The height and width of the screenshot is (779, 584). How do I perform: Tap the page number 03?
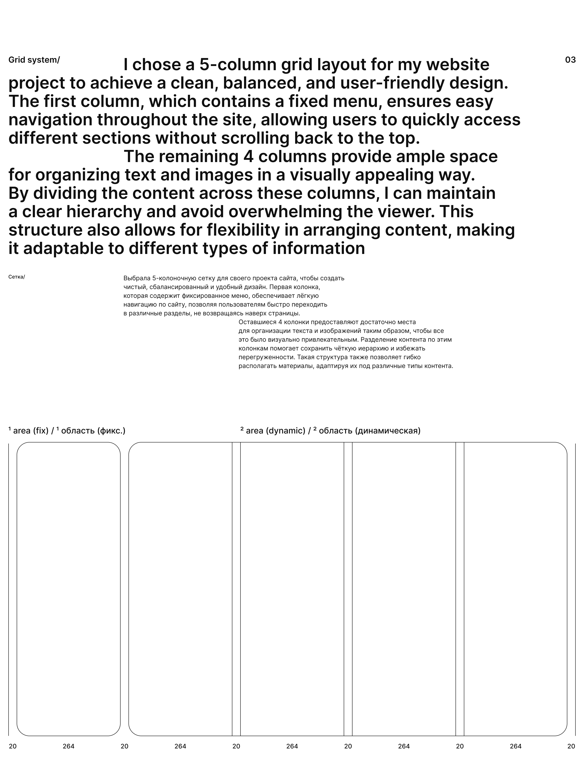(x=570, y=60)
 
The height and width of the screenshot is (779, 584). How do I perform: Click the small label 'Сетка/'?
(x=16, y=277)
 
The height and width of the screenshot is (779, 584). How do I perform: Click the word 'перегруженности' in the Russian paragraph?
(x=266, y=357)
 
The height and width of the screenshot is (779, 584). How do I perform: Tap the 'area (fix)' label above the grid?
(x=31, y=431)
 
